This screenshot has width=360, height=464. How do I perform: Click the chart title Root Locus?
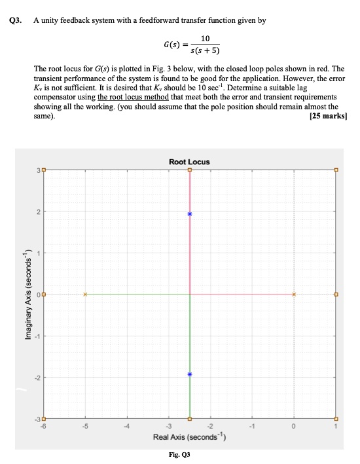(189, 162)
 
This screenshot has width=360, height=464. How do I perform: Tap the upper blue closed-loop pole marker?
(190, 214)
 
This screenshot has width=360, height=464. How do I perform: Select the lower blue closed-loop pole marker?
(190, 374)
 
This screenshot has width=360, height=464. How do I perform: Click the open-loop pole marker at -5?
(85, 294)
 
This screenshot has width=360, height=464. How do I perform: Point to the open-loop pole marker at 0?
(294, 294)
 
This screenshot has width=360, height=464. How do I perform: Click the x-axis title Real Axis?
(189, 437)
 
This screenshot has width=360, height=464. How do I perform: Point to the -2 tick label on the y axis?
(37, 378)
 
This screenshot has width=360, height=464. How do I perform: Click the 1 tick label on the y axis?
(39, 253)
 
